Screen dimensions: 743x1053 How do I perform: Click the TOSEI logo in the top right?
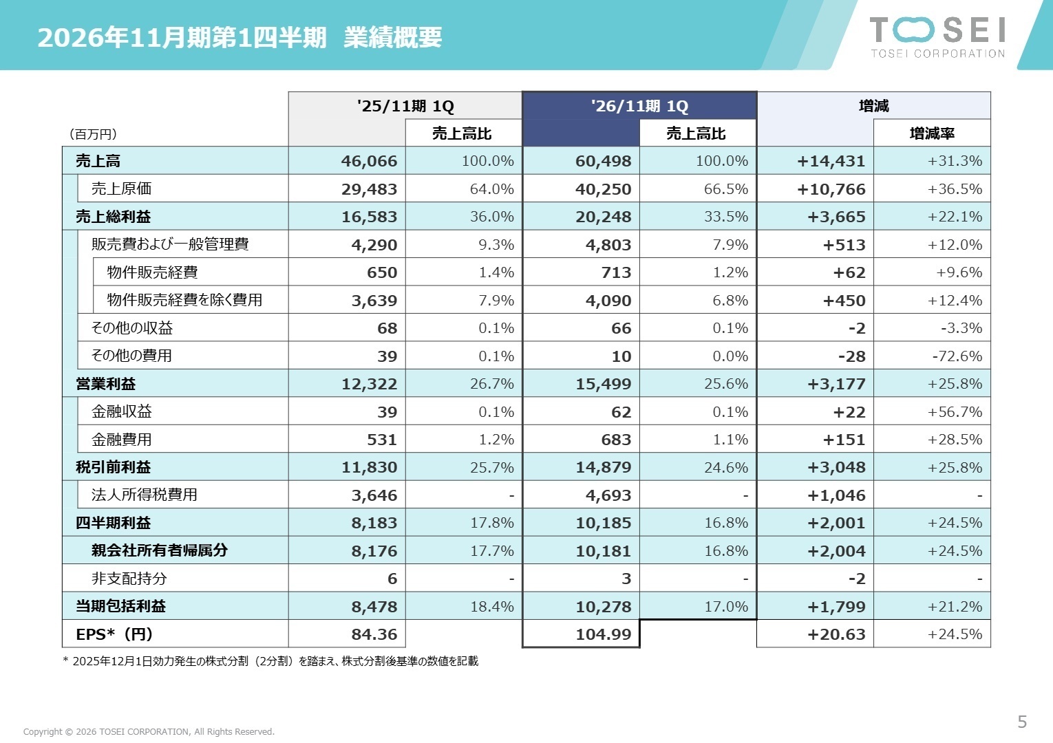pyautogui.click(x=937, y=36)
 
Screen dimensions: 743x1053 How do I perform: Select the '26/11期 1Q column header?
pyautogui.click(x=639, y=106)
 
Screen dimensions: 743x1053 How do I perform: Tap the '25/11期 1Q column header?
pyautogui.click(x=405, y=106)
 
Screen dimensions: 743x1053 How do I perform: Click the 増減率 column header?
pyautogui.click(x=932, y=133)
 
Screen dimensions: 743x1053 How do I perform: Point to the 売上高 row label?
pyautogui.click(x=98, y=161)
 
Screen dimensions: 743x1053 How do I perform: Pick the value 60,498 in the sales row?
pyautogui.click(x=603, y=161)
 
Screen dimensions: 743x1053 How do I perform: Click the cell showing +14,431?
pyautogui.click(x=831, y=161)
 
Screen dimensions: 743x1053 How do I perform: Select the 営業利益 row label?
pyautogui.click(x=106, y=384)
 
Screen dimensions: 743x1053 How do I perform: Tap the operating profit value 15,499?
pyautogui.click(x=603, y=384)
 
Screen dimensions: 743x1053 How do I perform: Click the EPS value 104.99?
pyautogui.click(x=603, y=634)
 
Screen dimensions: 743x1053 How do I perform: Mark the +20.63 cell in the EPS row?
pyautogui.click(x=836, y=634)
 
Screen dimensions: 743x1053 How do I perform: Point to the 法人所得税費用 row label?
pyautogui.click(x=145, y=495)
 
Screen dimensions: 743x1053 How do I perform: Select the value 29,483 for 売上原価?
pyautogui.click(x=369, y=189)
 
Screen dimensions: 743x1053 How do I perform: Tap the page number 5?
pyautogui.click(x=1022, y=722)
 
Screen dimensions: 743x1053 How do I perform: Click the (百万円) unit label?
pyautogui.click(x=93, y=134)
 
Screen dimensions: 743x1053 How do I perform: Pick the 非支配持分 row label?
pyautogui.click(x=129, y=579)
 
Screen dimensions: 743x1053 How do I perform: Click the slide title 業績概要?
pyautogui.click(x=392, y=37)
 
